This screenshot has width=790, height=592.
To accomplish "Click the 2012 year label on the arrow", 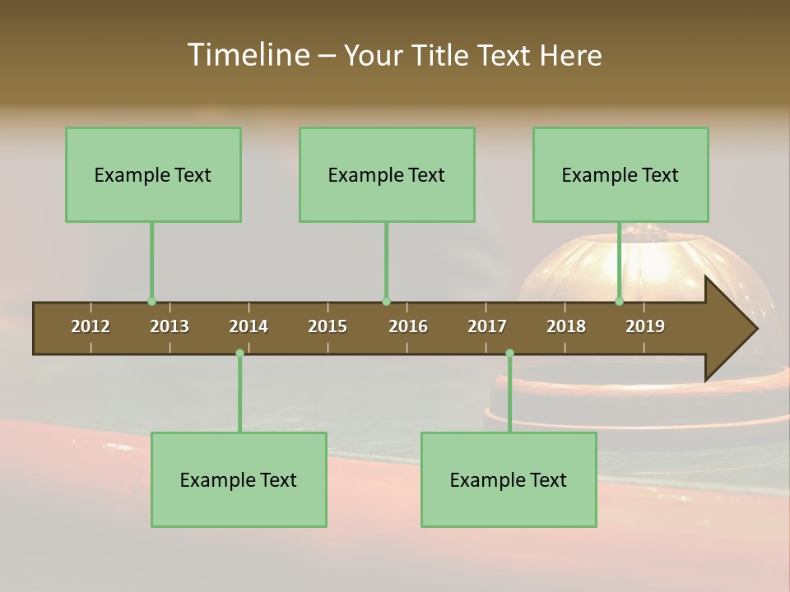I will [91, 326].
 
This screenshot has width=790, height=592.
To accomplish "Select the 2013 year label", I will [170, 326].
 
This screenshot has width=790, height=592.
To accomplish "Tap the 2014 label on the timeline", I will [249, 326].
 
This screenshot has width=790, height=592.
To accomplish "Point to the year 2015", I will [328, 326].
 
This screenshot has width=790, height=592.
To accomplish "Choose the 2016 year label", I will [408, 326].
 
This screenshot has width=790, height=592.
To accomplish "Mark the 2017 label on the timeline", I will [487, 326].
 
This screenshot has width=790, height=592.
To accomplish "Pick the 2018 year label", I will [566, 326].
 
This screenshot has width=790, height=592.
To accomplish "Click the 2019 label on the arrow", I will [645, 326].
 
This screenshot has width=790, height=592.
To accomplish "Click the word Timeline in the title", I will [248, 55].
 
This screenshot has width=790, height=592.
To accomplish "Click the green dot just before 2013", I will [151, 301].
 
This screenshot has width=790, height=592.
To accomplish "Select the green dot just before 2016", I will [386, 301].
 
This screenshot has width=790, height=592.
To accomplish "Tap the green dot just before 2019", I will [620, 301].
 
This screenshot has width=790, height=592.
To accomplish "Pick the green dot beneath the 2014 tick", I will [239, 353].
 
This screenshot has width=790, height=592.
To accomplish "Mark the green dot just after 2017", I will [509, 353].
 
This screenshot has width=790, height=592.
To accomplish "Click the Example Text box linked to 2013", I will [153, 174].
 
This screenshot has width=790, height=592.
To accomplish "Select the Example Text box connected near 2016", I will [387, 174].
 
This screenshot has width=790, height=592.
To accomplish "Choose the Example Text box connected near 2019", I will [620, 174].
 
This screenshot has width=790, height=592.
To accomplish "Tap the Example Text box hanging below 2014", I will [239, 479].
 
